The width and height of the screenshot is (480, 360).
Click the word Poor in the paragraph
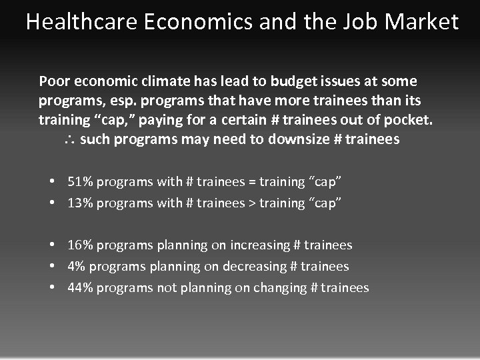coord(54,82)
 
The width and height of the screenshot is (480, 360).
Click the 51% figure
coord(80,181)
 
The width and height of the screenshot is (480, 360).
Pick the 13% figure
coord(80,203)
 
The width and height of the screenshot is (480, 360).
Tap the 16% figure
coord(80,245)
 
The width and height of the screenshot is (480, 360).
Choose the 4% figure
coord(76,267)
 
